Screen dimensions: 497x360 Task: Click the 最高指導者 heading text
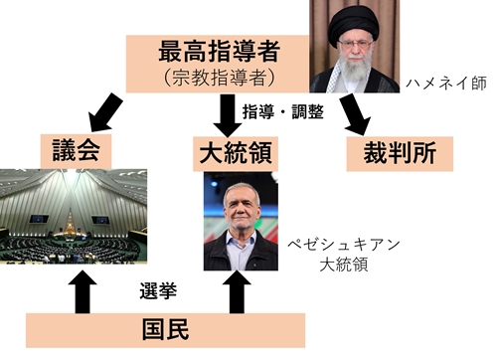(216, 51)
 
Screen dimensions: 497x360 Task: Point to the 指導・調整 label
(282, 112)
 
